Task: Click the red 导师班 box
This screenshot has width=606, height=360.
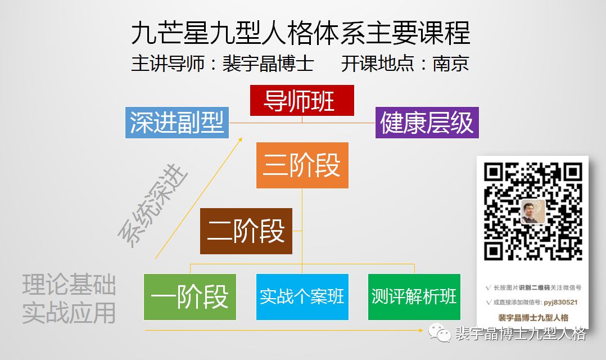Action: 302,101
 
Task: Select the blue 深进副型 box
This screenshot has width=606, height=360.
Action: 177,123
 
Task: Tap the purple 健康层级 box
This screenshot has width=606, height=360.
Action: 427,123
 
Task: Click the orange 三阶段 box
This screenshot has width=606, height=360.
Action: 302,165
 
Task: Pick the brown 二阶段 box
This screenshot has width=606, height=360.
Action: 246,231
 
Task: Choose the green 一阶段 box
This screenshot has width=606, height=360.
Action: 189,296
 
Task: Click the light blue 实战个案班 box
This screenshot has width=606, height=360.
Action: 302,296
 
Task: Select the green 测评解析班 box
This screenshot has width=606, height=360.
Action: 414,296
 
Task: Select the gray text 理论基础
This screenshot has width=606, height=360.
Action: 69,285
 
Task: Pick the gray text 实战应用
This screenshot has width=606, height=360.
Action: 69,313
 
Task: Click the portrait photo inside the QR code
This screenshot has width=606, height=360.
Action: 532,211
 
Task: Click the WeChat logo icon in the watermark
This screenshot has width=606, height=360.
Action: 440,334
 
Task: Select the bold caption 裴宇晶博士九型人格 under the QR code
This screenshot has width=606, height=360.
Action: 533,318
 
